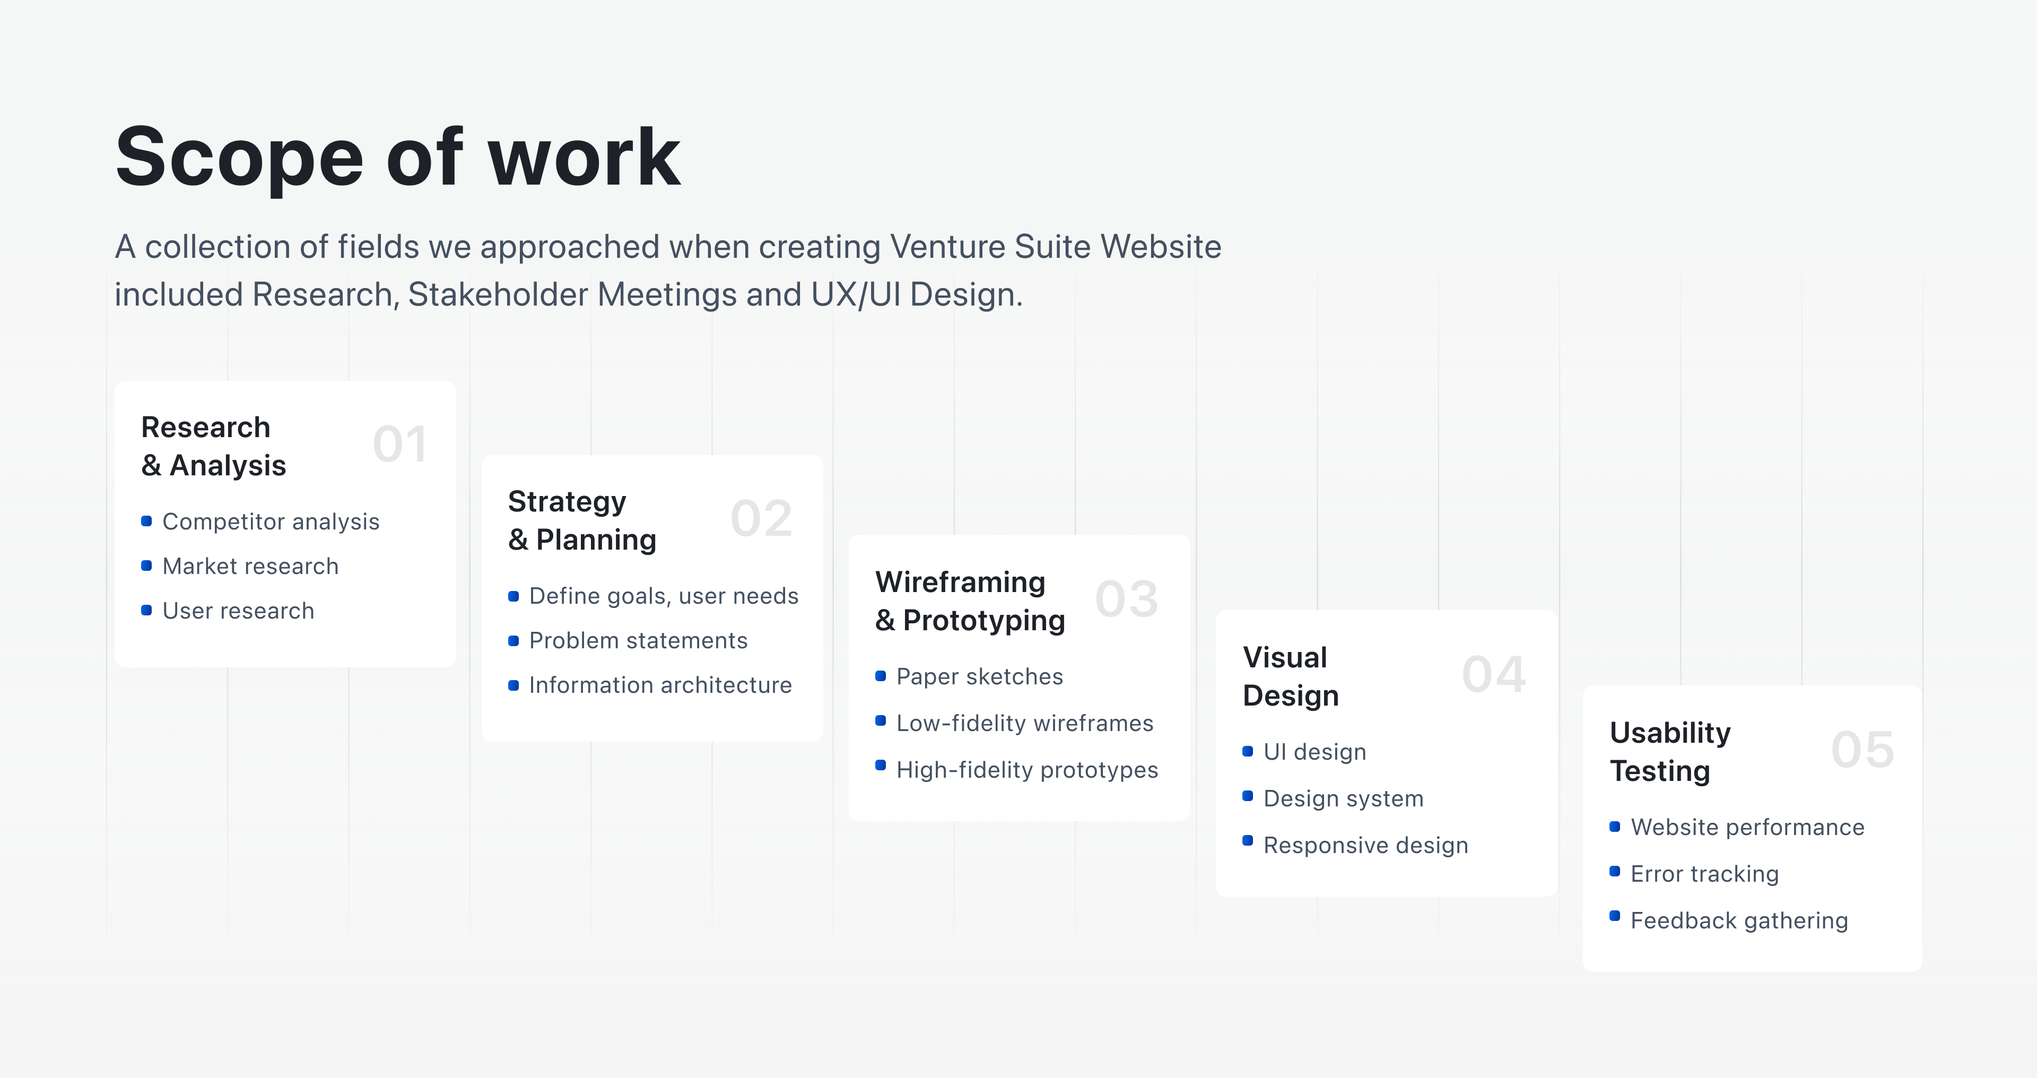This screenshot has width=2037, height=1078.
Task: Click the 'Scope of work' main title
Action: [398, 158]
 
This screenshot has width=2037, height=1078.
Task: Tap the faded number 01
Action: [400, 444]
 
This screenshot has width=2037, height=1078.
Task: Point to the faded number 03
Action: [1127, 599]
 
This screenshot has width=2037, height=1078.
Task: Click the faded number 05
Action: [1862, 749]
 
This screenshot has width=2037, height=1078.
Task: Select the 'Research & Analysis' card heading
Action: [213, 446]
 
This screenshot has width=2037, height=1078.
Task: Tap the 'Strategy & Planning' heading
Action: [582, 520]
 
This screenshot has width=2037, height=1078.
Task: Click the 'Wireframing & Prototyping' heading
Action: [970, 601]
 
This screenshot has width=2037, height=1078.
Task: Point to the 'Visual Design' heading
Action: [1291, 676]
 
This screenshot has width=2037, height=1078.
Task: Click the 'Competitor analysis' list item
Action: [271, 522]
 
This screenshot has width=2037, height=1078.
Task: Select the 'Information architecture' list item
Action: [660, 685]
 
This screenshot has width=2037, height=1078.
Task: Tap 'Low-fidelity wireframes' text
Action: [1025, 723]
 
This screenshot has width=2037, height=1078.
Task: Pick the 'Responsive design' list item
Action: [1365, 846]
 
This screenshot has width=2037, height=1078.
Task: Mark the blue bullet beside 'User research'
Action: [146, 610]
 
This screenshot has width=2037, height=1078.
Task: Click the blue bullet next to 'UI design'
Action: [1248, 751]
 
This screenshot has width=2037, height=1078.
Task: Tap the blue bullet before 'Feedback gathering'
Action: [1615, 916]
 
